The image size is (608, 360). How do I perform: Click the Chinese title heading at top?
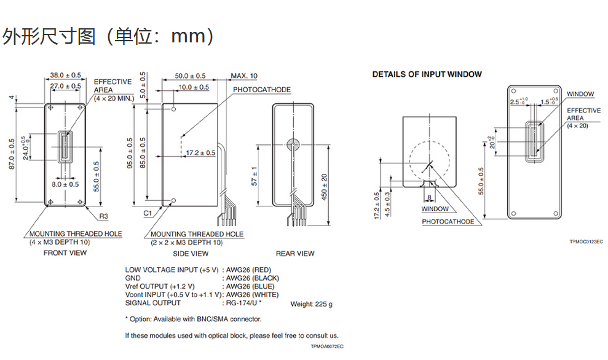coord(108,36)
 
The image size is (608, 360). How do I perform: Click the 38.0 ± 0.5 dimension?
coord(66,75)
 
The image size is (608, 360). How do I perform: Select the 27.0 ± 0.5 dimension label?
coord(66,86)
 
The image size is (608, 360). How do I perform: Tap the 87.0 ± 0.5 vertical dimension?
coord(12,154)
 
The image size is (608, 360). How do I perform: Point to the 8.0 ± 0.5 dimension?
coord(65,184)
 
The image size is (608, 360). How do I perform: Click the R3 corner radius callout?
coord(103,216)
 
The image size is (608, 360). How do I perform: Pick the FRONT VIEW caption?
coord(65,253)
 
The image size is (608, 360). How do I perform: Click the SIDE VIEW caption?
coord(191,254)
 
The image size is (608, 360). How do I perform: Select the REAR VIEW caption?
coord(295,254)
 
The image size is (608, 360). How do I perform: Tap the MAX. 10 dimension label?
coord(244,76)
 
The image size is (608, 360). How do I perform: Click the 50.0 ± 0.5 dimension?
coord(190,76)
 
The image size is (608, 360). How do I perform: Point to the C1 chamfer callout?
coord(148,213)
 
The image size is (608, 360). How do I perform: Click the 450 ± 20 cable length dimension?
coord(324,187)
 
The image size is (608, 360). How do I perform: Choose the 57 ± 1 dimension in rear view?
coord(255,176)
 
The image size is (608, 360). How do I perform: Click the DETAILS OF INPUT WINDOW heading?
coord(427,74)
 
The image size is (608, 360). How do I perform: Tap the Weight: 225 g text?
coord(311,304)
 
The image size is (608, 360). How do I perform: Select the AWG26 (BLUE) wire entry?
coord(250,286)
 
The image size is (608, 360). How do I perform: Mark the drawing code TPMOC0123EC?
coord(586,242)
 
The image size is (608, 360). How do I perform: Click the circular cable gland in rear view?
coord(293,144)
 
